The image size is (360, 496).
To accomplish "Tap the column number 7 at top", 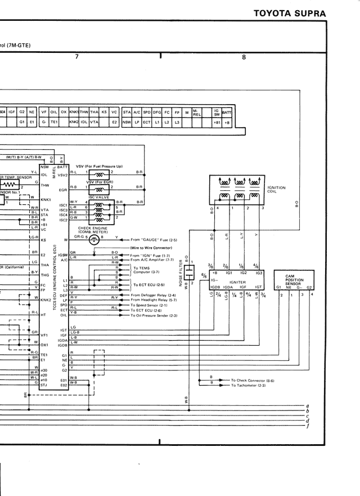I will tap(76, 57).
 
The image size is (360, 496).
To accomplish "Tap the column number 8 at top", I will tap(244, 57).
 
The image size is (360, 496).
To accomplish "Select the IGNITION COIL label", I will tap(276, 189).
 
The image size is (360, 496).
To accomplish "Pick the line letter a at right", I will tap(308, 405).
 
